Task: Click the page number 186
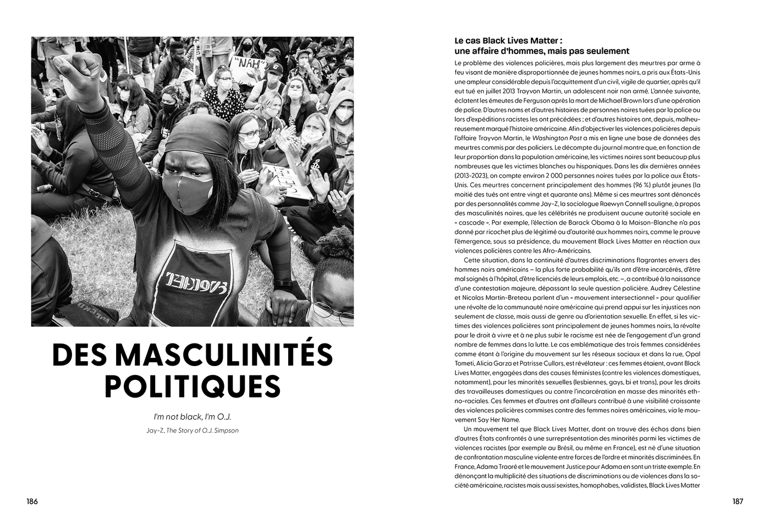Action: point(32,502)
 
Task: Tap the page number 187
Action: point(737,502)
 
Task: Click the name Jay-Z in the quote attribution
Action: point(155,431)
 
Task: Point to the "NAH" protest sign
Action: point(247,64)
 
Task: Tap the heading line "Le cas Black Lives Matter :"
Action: point(509,41)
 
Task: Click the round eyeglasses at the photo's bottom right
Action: point(334,317)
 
